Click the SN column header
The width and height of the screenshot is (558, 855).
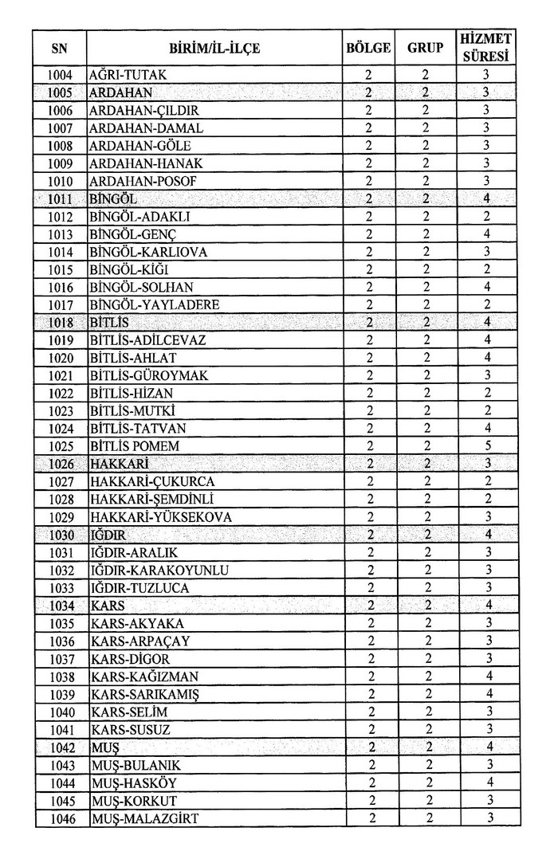pos(59,49)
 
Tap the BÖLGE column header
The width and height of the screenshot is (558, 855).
pos(368,48)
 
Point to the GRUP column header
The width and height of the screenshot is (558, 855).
pos(426,48)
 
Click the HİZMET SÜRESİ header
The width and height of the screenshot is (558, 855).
pos(486,48)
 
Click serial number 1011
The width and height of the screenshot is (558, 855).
pos(61,199)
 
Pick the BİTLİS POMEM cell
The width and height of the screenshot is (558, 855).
pos(135,445)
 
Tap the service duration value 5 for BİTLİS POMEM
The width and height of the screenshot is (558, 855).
pos(486,445)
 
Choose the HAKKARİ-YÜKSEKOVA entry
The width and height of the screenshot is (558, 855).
pos(161,516)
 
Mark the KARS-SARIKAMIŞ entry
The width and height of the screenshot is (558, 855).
pos(145,694)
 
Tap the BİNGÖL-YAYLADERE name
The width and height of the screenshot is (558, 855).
pos(155,305)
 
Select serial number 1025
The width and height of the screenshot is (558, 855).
pos(61,445)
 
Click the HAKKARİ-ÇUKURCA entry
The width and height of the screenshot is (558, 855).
pos(152,481)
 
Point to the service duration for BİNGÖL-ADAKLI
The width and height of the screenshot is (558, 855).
pos(486,217)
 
